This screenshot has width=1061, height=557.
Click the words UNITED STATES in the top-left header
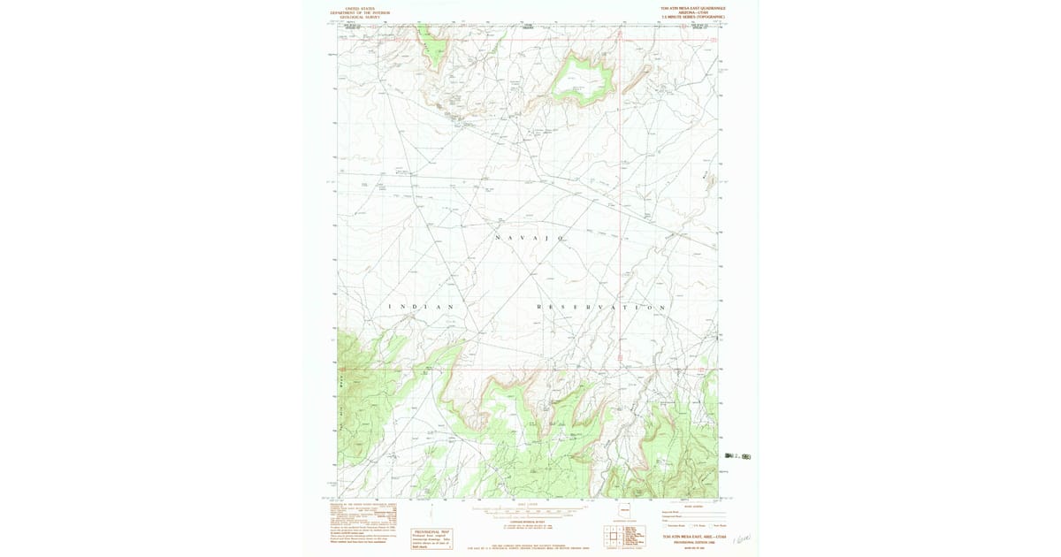coord(360,9)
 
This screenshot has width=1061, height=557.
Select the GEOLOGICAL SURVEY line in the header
coord(360,17)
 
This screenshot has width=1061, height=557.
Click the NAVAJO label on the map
coord(530,239)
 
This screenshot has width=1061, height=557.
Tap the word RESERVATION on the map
coord(601,307)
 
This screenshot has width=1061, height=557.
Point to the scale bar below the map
coord(528,510)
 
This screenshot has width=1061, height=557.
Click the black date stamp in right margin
coord(737,456)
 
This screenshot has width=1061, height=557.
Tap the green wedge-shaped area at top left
coord(432,44)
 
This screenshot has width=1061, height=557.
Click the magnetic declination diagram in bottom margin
coord(431,511)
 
